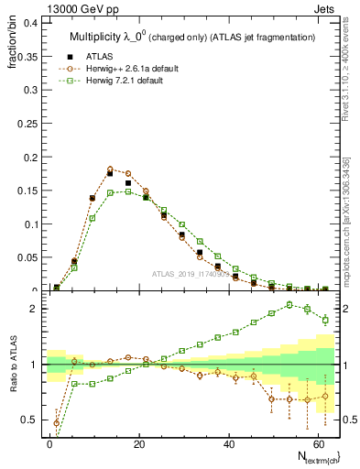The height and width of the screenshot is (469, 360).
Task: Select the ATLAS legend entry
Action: coord(100,56)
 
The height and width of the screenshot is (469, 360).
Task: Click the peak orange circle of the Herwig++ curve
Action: coord(110,169)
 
